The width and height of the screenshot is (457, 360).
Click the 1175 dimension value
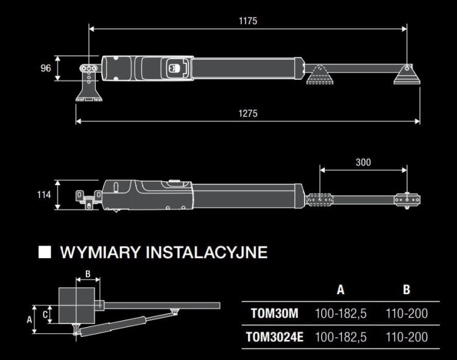click(248, 21)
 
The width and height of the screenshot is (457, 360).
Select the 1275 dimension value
click(248, 113)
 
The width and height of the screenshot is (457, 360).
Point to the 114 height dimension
click(44, 195)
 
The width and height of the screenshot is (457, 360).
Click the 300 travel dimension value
click(363, 162)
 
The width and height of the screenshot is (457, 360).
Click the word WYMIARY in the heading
click(99, 252)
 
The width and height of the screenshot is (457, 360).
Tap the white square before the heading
click(44, 252)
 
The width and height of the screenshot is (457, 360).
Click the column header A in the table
click(340, 289)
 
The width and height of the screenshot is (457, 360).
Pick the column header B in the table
click(406, 289)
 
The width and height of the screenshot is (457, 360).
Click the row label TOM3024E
click(274, 337)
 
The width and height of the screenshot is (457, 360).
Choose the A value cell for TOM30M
click(341, 314)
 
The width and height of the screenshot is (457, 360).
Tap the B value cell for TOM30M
click(406, 314)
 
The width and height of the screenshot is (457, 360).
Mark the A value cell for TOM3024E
click(341, 337)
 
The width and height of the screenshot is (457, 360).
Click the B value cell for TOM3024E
click(406, 337)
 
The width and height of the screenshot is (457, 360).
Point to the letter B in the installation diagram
click(88, 274)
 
